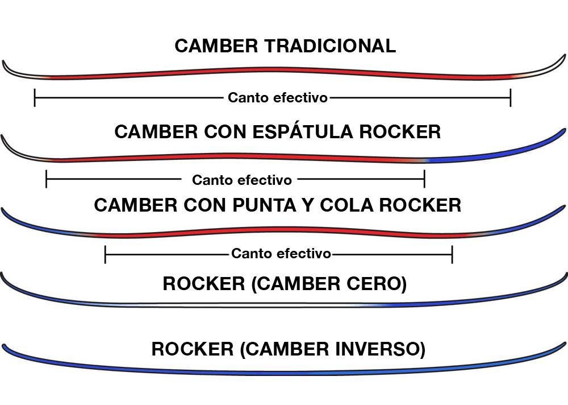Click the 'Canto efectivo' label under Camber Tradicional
pos(278,98)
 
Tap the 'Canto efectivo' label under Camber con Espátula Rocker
pos(242,180)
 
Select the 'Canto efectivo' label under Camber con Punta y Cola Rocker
pos(281,254)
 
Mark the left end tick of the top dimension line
pos(35,98)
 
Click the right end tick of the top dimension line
pos(511,98)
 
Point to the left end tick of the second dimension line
pos(46,180)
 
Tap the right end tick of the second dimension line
pos(424,180)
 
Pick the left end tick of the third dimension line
pos(106,254)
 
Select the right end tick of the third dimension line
pos(452,254)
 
